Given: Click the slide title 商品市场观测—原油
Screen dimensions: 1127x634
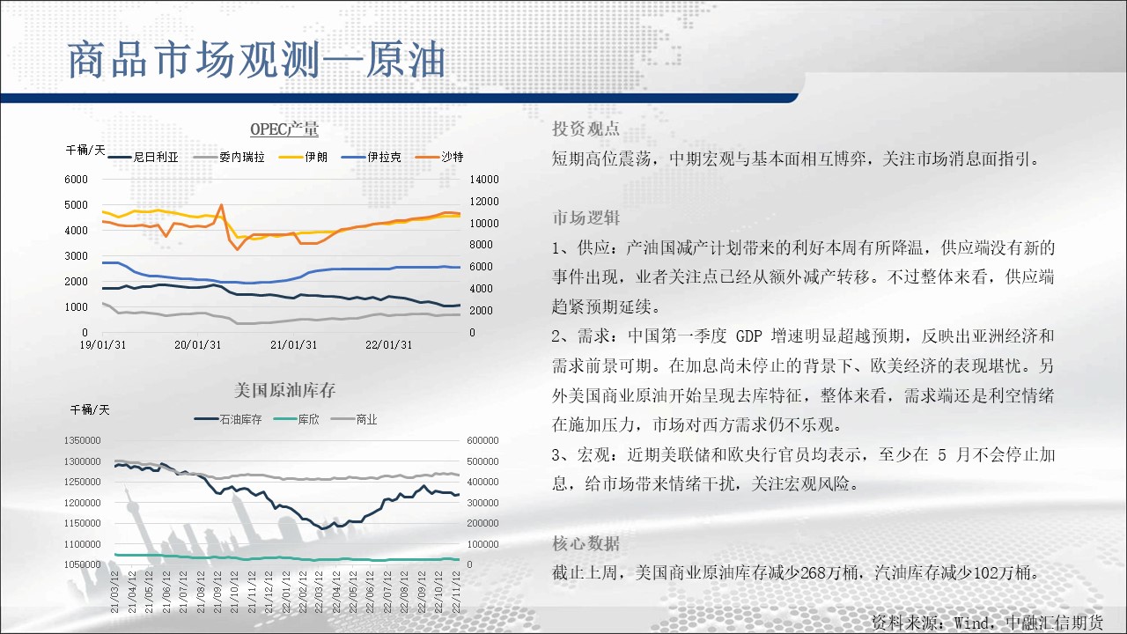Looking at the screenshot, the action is [256, 61].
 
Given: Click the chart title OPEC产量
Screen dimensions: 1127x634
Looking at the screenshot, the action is [284, 129].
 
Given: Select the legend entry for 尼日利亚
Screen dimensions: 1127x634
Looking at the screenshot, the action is [144, 157].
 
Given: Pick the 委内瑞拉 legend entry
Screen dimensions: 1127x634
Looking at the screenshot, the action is [229, 157].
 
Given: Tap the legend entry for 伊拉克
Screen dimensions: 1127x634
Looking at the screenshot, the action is [372, 157].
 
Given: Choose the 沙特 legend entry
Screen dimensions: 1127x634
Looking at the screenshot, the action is [439, 157].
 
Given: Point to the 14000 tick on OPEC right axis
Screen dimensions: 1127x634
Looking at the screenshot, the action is [484, 180].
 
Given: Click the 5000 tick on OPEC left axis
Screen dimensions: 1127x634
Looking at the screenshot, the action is [76, 205].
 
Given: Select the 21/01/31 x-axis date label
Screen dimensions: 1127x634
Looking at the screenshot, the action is [294, 345].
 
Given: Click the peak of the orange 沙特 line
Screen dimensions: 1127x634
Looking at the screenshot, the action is [221, 205].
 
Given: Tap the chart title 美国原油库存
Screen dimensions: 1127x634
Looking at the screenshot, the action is [284, 390].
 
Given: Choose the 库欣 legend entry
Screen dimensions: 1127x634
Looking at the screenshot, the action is [297, 420].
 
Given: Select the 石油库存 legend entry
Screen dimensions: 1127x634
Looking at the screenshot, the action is [228, 420].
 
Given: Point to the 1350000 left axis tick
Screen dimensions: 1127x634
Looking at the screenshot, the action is [83, 441].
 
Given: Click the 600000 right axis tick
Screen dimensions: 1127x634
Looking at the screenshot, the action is [482, 441].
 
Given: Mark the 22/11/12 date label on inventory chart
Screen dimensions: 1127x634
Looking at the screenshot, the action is [456, 592].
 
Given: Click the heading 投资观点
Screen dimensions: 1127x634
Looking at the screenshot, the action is [586, 129].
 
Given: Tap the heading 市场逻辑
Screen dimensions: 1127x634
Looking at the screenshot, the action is [586, 217].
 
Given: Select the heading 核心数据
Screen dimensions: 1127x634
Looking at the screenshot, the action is [586, 543].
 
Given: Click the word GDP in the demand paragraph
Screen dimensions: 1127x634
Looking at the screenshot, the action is [749, 336].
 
